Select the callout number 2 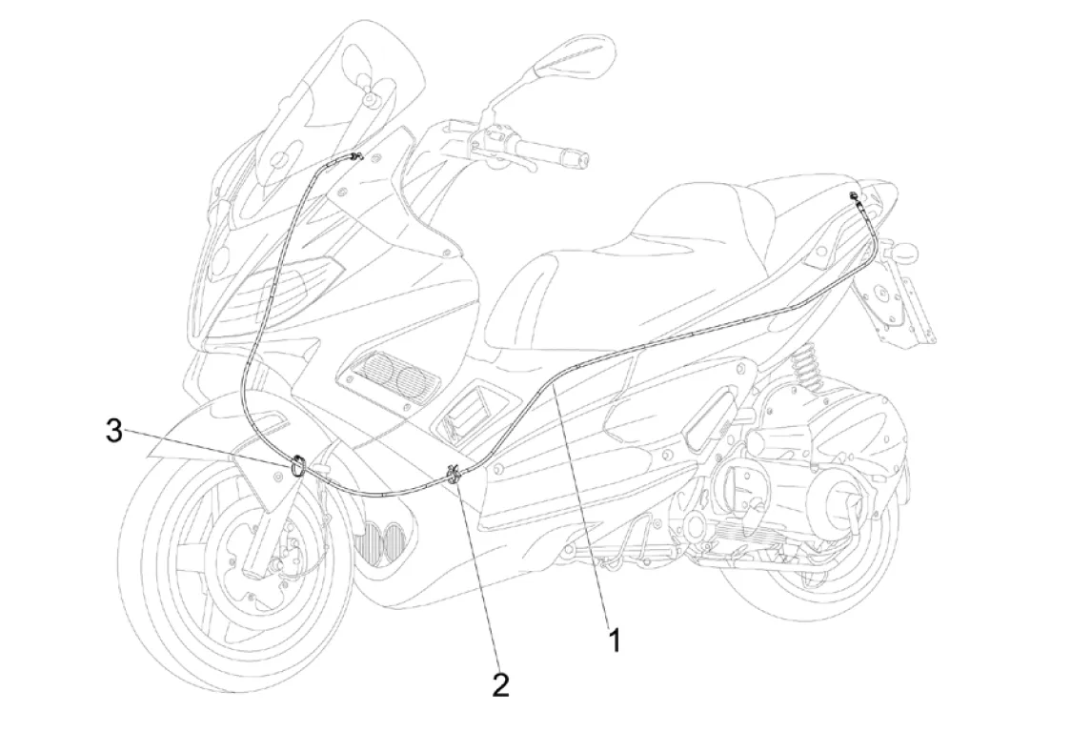tap(500, 684)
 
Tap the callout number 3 tap(114, 432)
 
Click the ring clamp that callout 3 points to tap(297, 466)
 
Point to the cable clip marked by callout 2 tap(455, 474)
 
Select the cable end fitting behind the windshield tap(356, 157)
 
